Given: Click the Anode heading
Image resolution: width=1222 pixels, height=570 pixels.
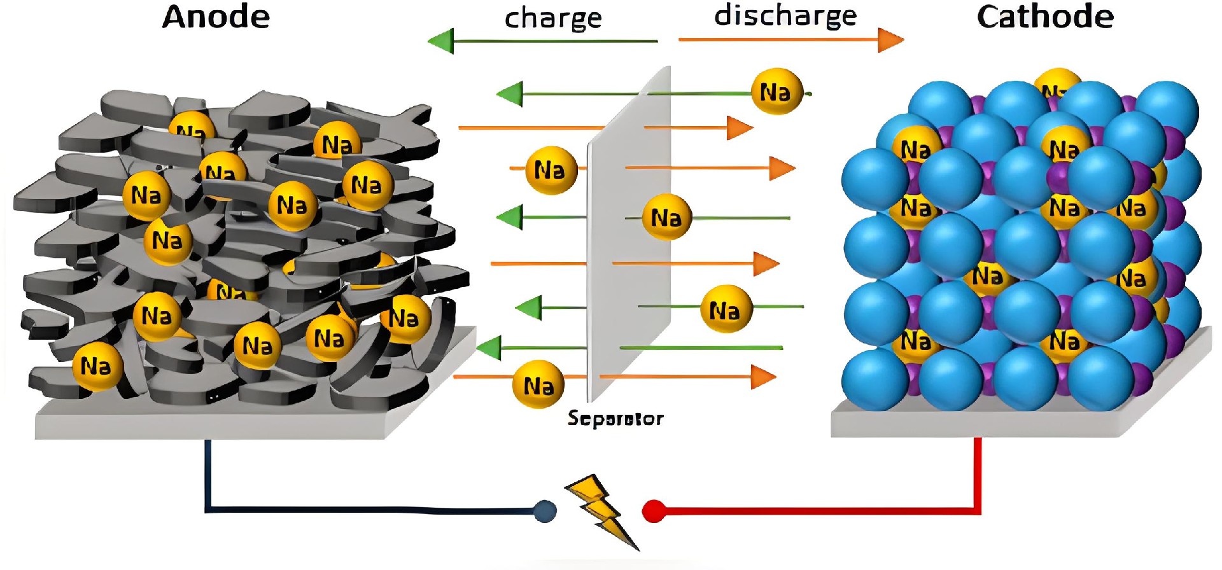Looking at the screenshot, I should [x=216, y=17].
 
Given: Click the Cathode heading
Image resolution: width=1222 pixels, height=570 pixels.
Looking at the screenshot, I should [x=1045, y=17].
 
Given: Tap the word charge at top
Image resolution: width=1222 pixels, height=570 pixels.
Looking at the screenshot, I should [x=552, y=19].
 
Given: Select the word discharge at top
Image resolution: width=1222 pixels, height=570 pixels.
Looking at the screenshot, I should [x=785, y=17].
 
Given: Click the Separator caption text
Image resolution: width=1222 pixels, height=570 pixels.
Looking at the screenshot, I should [x=615, y=418].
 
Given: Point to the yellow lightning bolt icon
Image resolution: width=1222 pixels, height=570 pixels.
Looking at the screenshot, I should [x=600, y=509].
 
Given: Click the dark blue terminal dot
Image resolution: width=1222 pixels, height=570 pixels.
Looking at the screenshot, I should [x=544, y=511].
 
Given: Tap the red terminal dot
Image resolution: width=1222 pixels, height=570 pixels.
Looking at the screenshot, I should [x=654, y=511].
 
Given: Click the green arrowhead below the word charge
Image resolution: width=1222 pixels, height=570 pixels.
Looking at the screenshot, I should [x=441, y=41].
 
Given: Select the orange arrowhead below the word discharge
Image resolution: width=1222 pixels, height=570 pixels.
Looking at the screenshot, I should [x=890, y=40].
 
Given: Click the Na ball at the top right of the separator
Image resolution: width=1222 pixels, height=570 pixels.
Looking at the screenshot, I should [x=776, y=92].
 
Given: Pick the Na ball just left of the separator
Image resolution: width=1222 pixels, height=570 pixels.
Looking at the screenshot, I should [x=551, y=170].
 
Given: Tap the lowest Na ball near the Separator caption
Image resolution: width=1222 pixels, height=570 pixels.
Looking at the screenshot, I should [x=538, y=384].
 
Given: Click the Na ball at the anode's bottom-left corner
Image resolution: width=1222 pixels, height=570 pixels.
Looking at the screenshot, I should [x=97, y=366].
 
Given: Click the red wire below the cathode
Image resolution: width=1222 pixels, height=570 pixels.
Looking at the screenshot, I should [x=978, y=471].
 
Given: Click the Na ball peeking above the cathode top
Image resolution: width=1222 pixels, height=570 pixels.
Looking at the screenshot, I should [x=1057, y=80].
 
